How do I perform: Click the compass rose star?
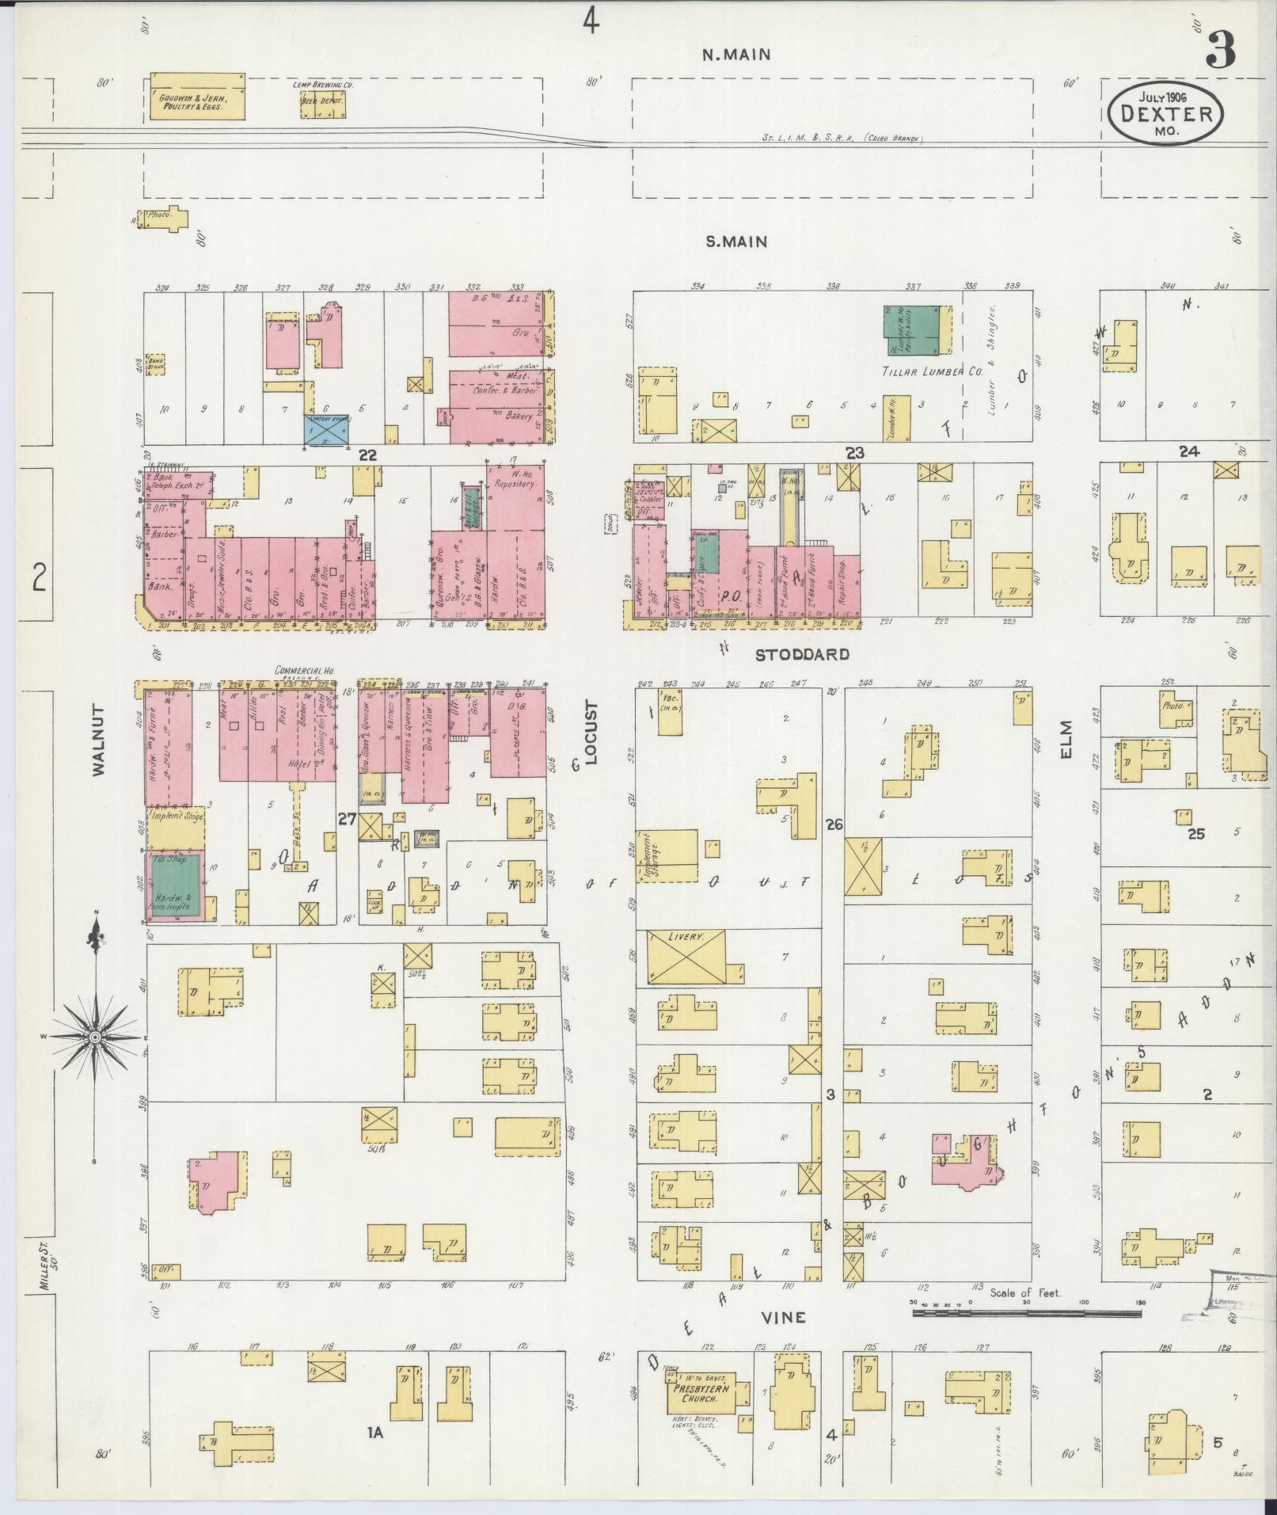point(95,1037)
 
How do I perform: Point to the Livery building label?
point(686,937)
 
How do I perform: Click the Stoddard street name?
point(801,654)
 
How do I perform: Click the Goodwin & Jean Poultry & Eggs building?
point(197,97)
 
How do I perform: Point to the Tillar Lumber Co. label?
point(920,372)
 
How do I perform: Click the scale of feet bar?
point(1026,1312)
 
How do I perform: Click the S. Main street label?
point(736,242)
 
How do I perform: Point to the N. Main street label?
point(736,55)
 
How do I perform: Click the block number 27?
point(347,819)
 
